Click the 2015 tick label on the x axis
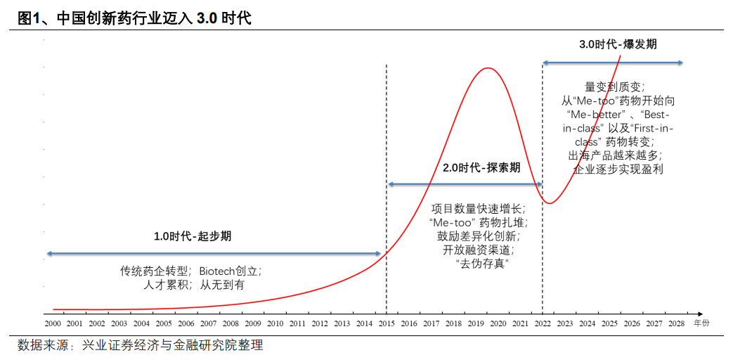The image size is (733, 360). click(x=386, y=323)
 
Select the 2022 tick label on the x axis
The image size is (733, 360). click(x=543, y=323)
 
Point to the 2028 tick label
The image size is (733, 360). click(x=676, y=323)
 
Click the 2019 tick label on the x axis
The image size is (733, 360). click(x=476, y=323)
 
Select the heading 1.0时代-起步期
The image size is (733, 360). click(x=192, y=236)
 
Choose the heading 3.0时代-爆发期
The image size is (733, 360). click(x=618, y=44)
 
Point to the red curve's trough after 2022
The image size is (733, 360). click(x=551, y=203)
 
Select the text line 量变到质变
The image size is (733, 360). click(x=614, y=87)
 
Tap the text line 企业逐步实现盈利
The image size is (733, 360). click(x=618, y=169)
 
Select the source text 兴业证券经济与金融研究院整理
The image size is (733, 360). click(x=172, y=345)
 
